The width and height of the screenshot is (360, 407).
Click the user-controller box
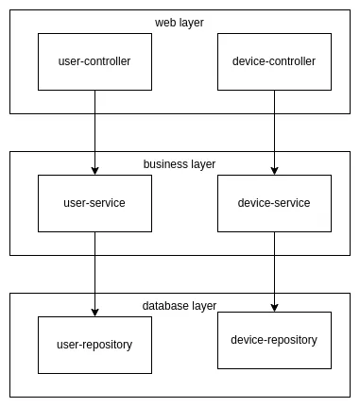[x=94, y=76]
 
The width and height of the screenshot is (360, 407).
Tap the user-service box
[x=94, y=217]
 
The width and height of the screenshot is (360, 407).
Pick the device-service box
[x=274, y=217]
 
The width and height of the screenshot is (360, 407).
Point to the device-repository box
[x=274, y=355]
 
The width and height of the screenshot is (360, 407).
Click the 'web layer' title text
[x=180, y=23]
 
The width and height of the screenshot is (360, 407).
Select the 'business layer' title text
[x=180, y=164]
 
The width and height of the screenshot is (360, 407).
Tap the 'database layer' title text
[x=180, y=306]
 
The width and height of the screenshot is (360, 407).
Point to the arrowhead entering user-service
[x=94, y=170]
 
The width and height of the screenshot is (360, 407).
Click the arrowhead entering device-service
[x=274, y=170]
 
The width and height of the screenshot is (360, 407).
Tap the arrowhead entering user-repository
[x=94, y=312]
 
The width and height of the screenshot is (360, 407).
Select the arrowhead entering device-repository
[x=274, y=307]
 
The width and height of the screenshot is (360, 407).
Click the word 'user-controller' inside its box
[x=94, y=61]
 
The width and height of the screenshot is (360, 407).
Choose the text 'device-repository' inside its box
[x=274, y=340]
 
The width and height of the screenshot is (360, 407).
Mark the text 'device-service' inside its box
[x=274, y=203]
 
